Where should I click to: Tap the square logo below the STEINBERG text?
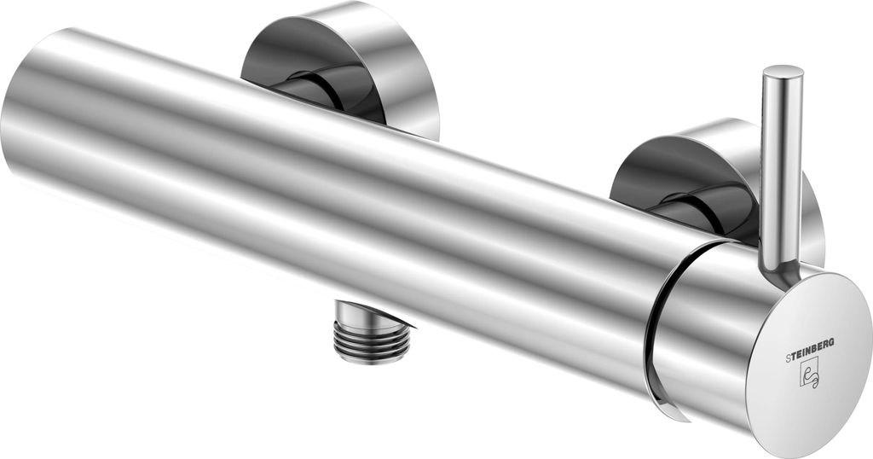810,373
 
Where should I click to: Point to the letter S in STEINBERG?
788,359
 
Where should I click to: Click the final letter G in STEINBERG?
832,342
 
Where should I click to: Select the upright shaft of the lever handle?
783,167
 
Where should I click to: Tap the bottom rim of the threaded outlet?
372,357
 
